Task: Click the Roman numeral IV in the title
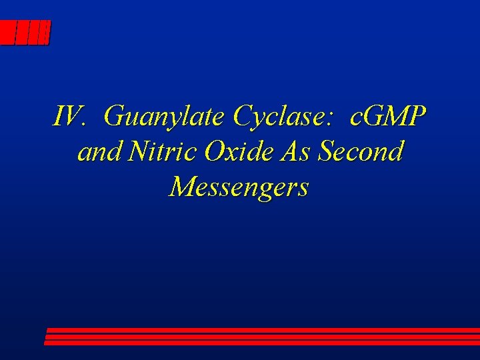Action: (x=66, y=117)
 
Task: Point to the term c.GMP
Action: (x=387, y=117)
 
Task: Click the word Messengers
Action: (x=239, y=187)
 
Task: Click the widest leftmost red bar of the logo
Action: (x=8, y=32)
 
